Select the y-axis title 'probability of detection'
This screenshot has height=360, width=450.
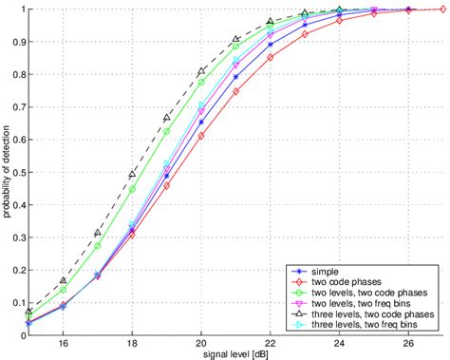[x=7, y=171]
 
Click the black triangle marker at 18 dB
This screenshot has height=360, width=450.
[x=132, y=175]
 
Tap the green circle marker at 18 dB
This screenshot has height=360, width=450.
[x=132, y=189]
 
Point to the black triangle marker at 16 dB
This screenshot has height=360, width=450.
[x=63, y=281]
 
